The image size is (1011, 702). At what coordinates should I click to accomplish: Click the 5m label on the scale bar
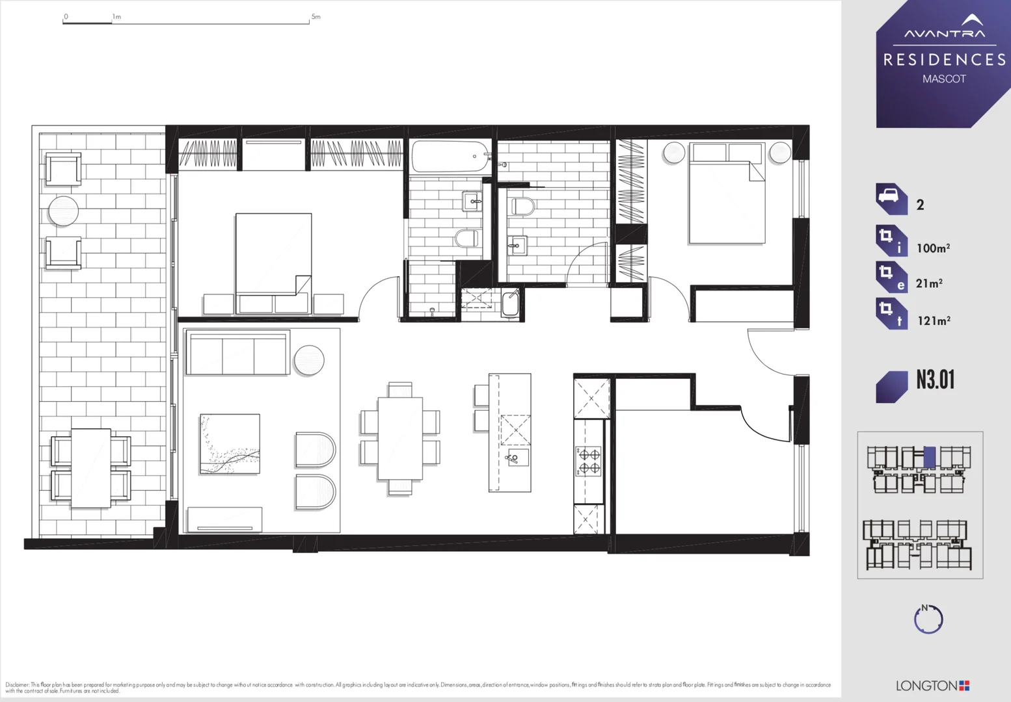coord(316,17)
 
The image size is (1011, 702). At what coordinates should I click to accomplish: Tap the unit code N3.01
coord(935,380)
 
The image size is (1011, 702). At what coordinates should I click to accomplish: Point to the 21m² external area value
coord(929,283)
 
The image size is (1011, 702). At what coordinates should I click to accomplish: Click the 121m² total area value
coord(934,320)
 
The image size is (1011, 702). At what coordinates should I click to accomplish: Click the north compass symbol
coord(928,619)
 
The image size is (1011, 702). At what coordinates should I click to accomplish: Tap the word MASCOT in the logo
coord(944,79)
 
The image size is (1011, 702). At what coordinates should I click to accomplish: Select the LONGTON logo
coord(932,686)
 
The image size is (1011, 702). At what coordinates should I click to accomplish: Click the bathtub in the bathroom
coord(450,157)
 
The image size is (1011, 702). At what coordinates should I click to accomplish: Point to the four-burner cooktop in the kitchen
coord(589,461)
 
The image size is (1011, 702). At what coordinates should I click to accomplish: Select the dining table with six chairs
coord(399,439)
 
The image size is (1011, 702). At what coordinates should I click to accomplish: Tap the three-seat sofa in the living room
coord(237,354)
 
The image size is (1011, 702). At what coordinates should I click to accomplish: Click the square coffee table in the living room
coord(230,444)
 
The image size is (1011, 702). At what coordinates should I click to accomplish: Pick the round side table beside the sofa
coord(308,360)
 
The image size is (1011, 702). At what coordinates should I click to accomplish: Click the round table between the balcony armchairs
coord(63,211)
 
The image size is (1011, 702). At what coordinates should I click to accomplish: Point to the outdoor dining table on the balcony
coord(90,468)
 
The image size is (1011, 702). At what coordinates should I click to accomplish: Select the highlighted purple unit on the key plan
coord(929,457)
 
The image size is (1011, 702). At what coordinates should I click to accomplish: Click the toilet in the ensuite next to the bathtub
coord(466,239)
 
